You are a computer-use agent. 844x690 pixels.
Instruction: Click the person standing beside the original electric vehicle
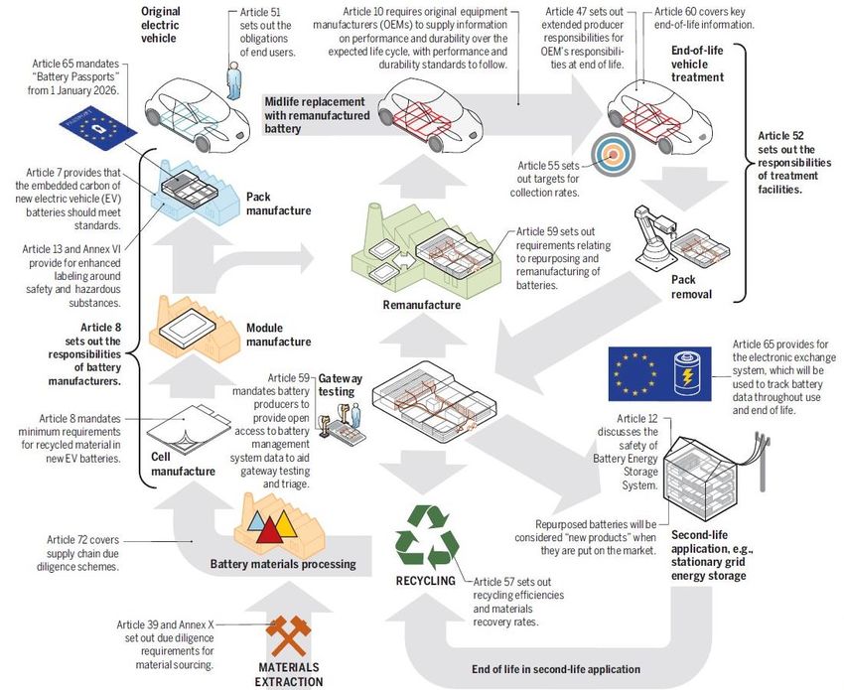(x=233, y=75)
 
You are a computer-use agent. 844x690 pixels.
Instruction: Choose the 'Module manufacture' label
(x=278, y=335)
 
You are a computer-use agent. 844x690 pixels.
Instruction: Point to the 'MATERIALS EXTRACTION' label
(x=290, y=675)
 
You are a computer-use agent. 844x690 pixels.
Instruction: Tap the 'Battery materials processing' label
(x=282, y=565)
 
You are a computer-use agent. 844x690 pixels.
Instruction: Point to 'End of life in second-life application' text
(x=557, y=668)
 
